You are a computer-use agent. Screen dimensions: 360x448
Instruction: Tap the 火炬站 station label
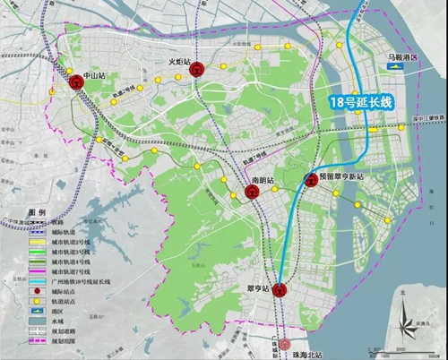[182, 61]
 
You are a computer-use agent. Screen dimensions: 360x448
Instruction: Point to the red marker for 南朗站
[253, 193]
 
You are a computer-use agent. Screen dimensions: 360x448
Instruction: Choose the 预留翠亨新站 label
[341, 178]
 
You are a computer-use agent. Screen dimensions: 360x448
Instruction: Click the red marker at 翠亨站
[280, 288]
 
